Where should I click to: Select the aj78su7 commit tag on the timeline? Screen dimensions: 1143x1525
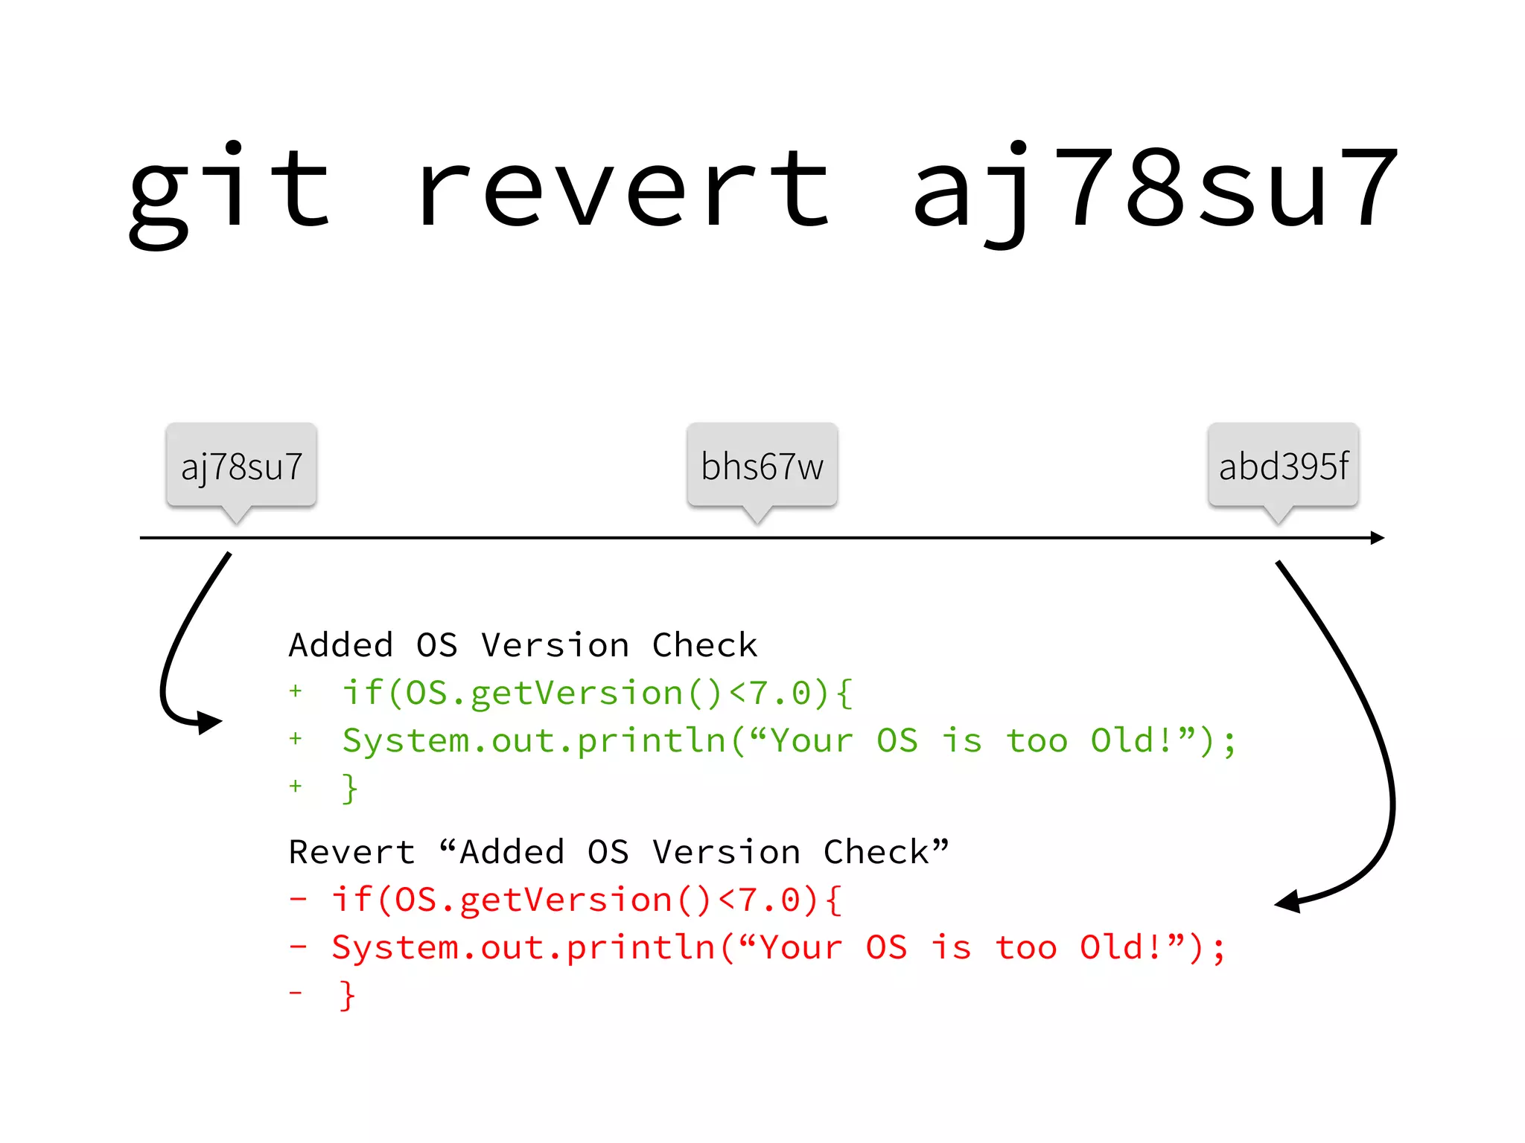pos(241,467)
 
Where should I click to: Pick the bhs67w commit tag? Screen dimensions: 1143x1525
pos(762,467)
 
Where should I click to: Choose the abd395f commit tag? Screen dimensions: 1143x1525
pos(1283,467)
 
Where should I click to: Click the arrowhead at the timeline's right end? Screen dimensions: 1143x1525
pos(1378,537)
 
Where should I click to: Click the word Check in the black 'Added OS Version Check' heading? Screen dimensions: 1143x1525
pos(704,645)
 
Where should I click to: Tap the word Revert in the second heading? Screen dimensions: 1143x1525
pos(351,852)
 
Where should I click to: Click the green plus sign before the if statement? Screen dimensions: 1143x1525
pos(296,691)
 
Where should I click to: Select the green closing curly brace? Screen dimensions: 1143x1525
pos(349,788)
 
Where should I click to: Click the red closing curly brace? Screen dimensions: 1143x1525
pos(347,995)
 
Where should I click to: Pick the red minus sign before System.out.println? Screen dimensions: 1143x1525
pos(298,947)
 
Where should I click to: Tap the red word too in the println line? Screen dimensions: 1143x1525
pos(1026,947)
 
